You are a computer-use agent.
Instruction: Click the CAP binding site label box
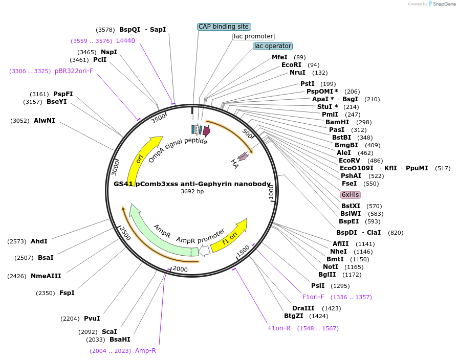point(224,27)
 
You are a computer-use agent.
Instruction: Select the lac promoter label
point(253,36)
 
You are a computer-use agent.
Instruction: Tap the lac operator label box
point(272,46)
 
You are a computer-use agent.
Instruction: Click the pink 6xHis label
point(351,195)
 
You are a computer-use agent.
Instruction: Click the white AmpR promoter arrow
point(204,250)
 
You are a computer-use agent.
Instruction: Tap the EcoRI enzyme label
point(291,65)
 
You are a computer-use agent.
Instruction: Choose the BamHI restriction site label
point(337,122)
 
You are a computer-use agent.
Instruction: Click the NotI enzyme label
point(331,266)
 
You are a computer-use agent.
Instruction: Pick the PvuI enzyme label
point(92,318)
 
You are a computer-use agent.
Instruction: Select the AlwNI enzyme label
point(45,121)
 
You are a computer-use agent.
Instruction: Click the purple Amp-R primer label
point(145,351)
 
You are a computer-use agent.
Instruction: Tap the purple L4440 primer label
point(125,41)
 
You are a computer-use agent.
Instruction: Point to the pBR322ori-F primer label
point(74,71)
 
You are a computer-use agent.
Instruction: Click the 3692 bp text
point(192,192)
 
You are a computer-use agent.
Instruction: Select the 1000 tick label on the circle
point(271,193)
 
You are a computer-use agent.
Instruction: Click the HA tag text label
point(234,164)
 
